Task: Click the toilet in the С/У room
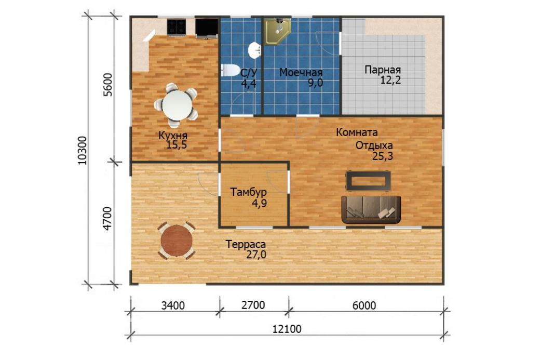click(x=231, y=70)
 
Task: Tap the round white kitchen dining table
click(x=177, y=105)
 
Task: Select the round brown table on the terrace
click(x=177, y=241)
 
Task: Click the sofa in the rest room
click(x=371, y=210)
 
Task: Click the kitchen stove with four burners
click(x=177, y=27)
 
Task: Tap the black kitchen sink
click(x=207, y=28)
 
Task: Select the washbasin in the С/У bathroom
click(x=254, y=50)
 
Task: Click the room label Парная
click(x=383, y=70)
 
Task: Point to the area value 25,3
click(x=383, y=156)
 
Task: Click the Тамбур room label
click(x=249, y=192)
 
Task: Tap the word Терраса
click(x=246, y=244)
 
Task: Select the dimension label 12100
click(x=287, y=329)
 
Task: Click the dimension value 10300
click(x=82, y=150)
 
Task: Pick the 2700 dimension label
click(x=253, y=305)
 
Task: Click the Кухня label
click(x=173, y=136)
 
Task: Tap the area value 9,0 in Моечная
click(x=315, y=83)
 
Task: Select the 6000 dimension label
click(x=364, y=305)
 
